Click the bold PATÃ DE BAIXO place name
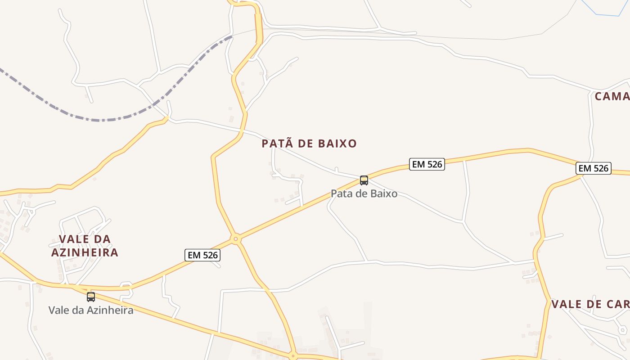tap(309, 144)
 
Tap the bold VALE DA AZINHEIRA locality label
tap(85, 246)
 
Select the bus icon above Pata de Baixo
tap(364, 180)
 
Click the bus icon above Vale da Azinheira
tap(91, 297)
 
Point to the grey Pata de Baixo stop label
tap(364, 194)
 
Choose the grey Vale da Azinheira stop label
tap(91, 310)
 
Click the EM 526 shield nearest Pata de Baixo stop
tap(427, 164)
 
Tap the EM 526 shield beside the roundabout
tap(202, 255)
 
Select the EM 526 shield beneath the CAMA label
tap(594, 168)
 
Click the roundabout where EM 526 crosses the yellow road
tap(235, 239)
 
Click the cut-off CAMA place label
tap(612, 96)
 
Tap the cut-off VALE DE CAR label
tap(590, 304)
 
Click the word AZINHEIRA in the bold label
tap(85, 252)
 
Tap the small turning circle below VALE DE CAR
tap(622, 330)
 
